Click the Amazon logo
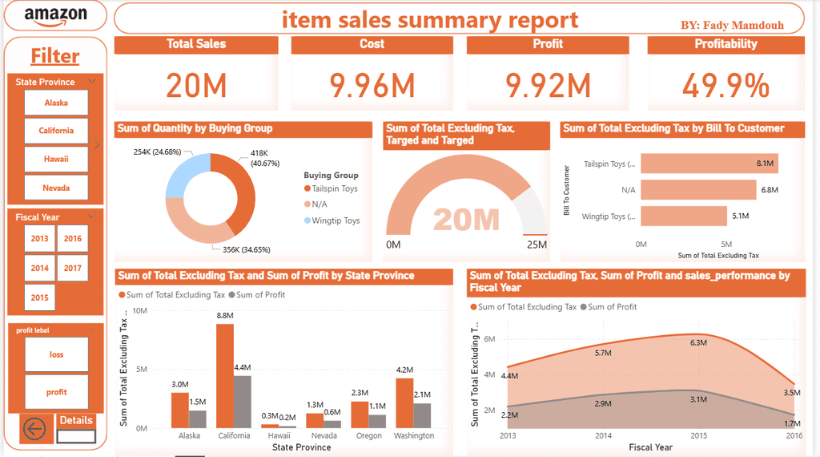pos(55,16)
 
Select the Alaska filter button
pos(56,103)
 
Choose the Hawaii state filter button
pos(56,159)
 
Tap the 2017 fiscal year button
pos(73,268)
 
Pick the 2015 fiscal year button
pos(39,297)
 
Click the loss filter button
pos(56,354)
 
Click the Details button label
pos(76,420)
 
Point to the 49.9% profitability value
pos(726,86)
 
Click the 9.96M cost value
pos(372,86)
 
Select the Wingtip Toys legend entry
pos(336,220)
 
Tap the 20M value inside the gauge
pos(466,220)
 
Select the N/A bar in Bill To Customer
pos(697,190)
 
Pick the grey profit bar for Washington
pos(422,415)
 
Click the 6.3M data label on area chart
pos(698,342)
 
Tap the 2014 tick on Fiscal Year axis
pos(604,435)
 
